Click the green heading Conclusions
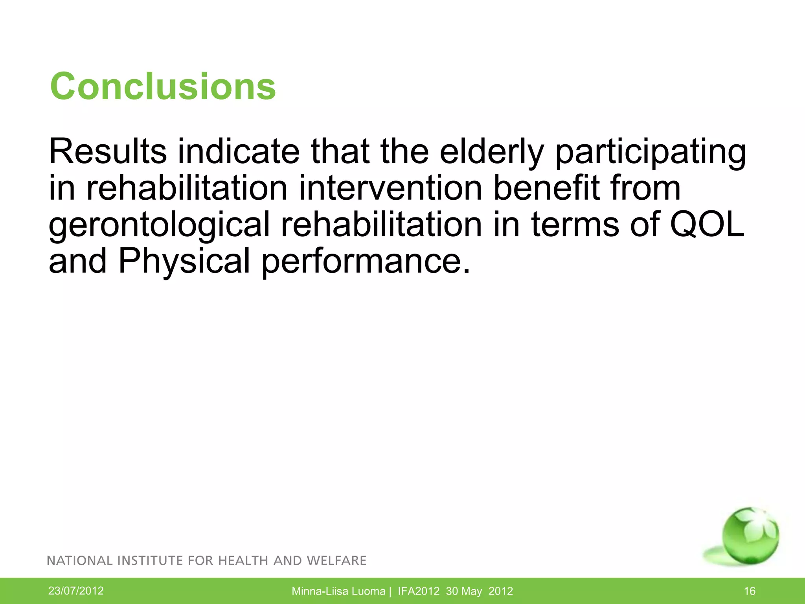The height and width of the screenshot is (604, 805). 163,87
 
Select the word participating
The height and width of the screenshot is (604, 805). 651,153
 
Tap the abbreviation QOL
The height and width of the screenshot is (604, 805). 707,225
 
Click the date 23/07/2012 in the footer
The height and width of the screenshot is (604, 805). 76,591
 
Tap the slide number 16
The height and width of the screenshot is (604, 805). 750,591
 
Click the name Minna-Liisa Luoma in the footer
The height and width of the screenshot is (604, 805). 338,591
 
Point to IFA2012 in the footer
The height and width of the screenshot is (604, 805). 418,591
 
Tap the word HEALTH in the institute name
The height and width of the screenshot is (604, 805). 244,561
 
